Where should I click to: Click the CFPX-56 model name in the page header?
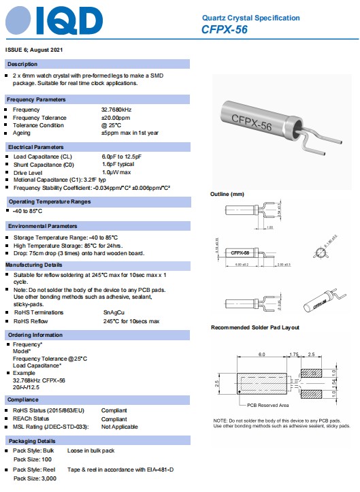pyautogui.click(x=224, y=29)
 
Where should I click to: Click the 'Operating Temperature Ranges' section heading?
pyautogui.click(x=48, y=202)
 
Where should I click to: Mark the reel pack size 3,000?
pyautogui.click(x=45, y=479)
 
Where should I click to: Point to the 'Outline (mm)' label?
pyautogui.click(x=227, y=195)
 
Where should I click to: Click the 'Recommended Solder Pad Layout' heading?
pyautogui.click(x=255, y=328)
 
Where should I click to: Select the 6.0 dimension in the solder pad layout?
pyautogui.click(x=261, y=355)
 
